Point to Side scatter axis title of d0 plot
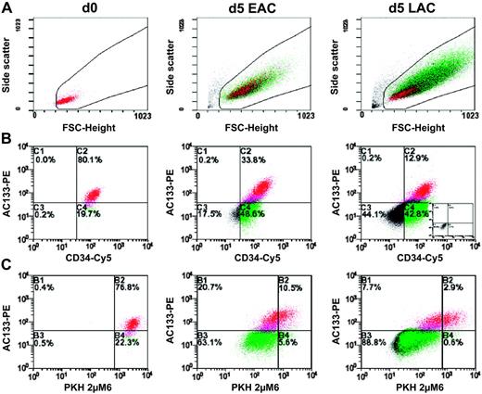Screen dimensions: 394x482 tap(16, 62)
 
